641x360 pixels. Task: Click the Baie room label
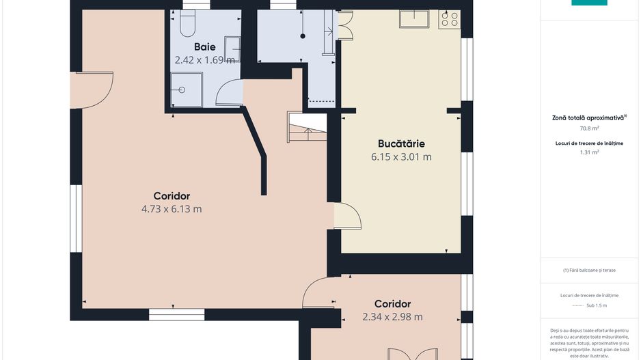[205, 47]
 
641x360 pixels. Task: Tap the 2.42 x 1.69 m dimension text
[205, 60]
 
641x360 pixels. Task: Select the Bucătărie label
[401, 144]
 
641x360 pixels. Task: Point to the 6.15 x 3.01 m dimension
[401, 157]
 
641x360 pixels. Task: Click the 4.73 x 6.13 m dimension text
[172, 209]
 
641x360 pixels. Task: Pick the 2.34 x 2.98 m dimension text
[392, 317]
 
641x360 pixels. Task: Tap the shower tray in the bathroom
[187, 89]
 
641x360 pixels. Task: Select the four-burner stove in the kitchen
[449, 20]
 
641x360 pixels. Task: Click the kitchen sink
[414, 19]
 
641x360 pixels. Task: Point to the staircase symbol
[307, 126]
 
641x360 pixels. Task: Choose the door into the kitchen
[347, 216]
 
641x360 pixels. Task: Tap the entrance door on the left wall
[92, 90]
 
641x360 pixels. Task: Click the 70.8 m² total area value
[589, 128]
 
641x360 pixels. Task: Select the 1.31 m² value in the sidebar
[589, 152]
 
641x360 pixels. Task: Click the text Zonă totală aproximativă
[589, 117]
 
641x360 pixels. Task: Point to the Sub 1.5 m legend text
[597, 305]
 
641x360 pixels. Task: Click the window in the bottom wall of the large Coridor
[176, 315]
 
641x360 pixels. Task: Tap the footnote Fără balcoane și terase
[589, 270]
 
